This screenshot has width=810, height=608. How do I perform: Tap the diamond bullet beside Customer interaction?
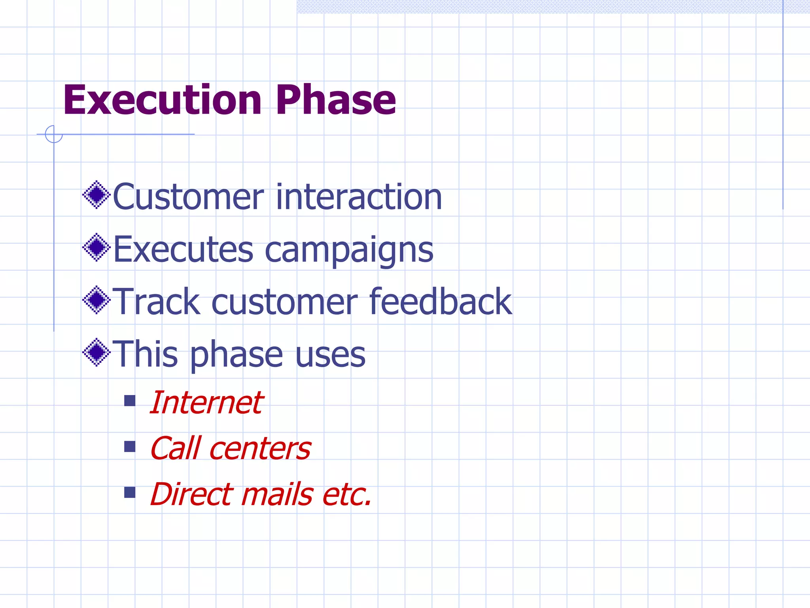click(x=96, y=195)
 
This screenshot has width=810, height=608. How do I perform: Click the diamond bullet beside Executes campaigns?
click(x=96, y=247)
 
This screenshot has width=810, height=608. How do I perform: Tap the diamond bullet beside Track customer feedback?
click(x=96, y=300)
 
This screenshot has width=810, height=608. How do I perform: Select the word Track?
click(x=156, y=302)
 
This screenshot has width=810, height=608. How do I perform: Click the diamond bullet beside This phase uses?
click(x=96, y=352)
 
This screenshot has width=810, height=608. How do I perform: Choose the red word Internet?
click(x=206, y=403)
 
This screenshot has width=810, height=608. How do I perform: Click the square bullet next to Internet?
click(x=130, y=401)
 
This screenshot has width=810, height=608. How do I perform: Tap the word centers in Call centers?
click(x=260, y=449)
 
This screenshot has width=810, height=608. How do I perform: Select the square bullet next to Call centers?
click(x=130, y=447)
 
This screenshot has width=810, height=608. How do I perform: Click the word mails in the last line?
click(x=277, y=494)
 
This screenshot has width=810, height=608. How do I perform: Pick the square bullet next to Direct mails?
click(x=130, y=492)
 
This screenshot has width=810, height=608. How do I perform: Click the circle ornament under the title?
click(x=54, y=134)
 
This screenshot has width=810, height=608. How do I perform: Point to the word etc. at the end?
click(x=347, y=495)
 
